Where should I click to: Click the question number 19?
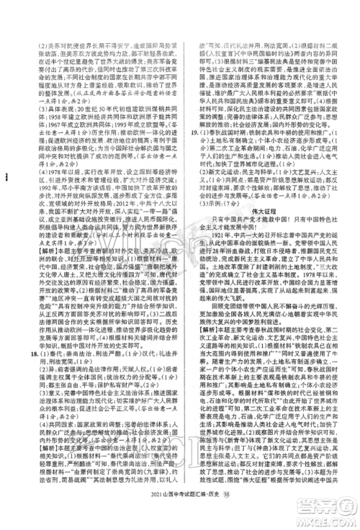[x=189, y=113]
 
